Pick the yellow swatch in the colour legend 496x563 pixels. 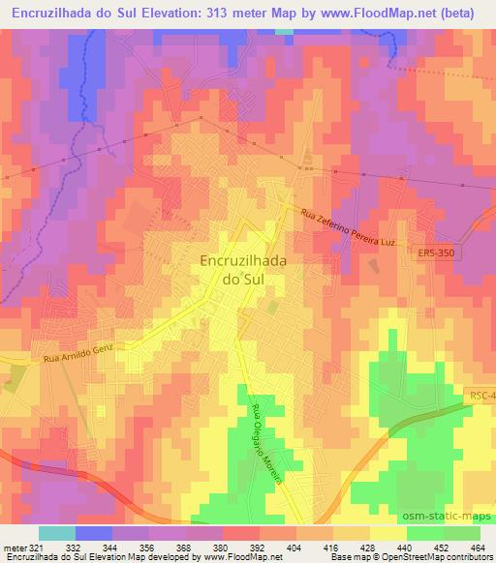click(x=387, y=533)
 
